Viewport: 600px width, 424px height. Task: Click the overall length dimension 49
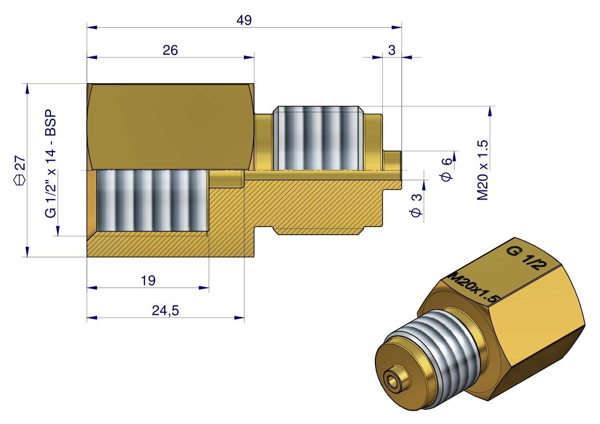(x=244, y=20)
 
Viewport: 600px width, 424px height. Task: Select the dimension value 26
(x=170, y=50)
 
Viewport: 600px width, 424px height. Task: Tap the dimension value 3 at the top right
(x=392, y=49)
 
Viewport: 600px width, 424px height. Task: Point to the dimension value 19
(x=148, y=280)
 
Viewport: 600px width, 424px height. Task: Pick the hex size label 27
(x=20, y=164)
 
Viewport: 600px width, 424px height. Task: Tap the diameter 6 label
(x=446, y=168)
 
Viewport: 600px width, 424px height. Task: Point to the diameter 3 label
(x=416, y=206)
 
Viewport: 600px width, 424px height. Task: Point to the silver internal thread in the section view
(x=151, y=201)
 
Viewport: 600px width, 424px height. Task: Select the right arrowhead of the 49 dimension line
(x=398, y=26)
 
